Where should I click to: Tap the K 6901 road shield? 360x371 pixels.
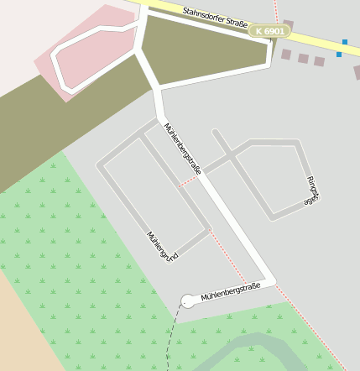point(270,31)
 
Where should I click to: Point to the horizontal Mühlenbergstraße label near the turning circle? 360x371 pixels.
point(231,290)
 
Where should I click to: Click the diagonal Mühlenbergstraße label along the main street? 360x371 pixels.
point(183,149)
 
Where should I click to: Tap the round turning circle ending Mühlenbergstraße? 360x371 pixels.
point(188,300)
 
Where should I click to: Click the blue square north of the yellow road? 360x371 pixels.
point(344,41)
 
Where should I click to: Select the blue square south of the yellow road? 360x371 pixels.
point(339,55)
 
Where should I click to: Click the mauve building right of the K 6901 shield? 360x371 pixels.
point(289,25)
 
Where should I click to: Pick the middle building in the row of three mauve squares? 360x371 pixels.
point(303,58)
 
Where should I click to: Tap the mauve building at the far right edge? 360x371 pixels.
point(357,72)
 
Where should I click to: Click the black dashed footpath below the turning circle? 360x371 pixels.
point(175,336)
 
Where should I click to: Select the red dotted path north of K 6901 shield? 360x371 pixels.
point(276,10)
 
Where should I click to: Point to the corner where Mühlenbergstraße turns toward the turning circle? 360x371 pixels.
point(270,280)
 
